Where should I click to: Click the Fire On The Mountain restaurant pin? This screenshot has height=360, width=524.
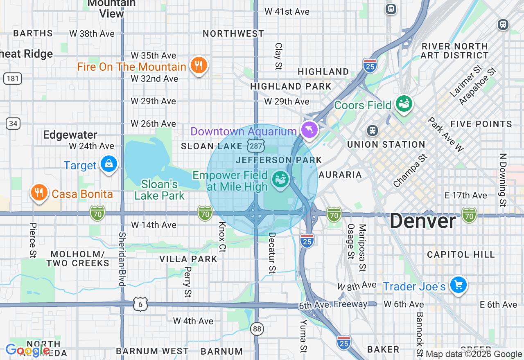tap(199, 65)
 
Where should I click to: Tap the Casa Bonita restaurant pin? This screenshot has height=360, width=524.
tap(39, 192)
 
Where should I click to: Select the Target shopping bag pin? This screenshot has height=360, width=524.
tap(109, 164)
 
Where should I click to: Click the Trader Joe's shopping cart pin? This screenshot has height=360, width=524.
tap(458, 285)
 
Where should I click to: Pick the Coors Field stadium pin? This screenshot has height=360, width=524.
tap(404, 104)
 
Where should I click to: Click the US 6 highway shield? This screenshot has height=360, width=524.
tap(140, 305)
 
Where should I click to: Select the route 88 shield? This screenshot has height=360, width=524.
tap(257, 328)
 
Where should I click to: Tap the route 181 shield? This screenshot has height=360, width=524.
tap(13, 78)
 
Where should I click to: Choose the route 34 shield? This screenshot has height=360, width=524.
tap(14, 123)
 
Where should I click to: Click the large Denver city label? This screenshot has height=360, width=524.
tap(422, 221)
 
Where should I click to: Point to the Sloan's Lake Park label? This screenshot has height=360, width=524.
tap(160, 190)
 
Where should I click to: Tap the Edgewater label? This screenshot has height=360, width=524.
tap(70, 135)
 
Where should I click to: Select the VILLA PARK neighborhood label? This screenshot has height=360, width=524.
tap(188, 259)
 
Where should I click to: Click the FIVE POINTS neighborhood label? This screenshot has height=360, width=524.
tap(481, 124)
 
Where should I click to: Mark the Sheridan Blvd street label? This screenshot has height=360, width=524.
tap(122, 259)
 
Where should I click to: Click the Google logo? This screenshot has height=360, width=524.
tap(27, 350)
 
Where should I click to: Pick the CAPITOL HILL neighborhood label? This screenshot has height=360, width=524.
tap(461, 254)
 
